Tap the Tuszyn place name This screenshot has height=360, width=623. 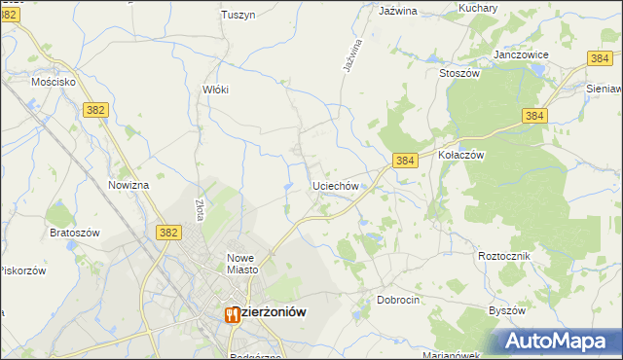pos(238,15)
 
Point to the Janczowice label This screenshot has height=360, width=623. pos(522,55)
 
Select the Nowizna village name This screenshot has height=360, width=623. pos(128,185)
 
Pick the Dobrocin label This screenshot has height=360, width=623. pos(398,301)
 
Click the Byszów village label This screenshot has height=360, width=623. pos(507,310)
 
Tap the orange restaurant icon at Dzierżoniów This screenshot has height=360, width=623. pos(232,314)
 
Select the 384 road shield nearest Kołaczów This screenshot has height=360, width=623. pos(406,160)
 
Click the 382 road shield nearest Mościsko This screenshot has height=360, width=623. pos(94,112)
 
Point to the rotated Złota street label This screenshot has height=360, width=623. pos(199,210)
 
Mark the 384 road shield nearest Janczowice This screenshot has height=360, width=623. pos(600,59)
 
